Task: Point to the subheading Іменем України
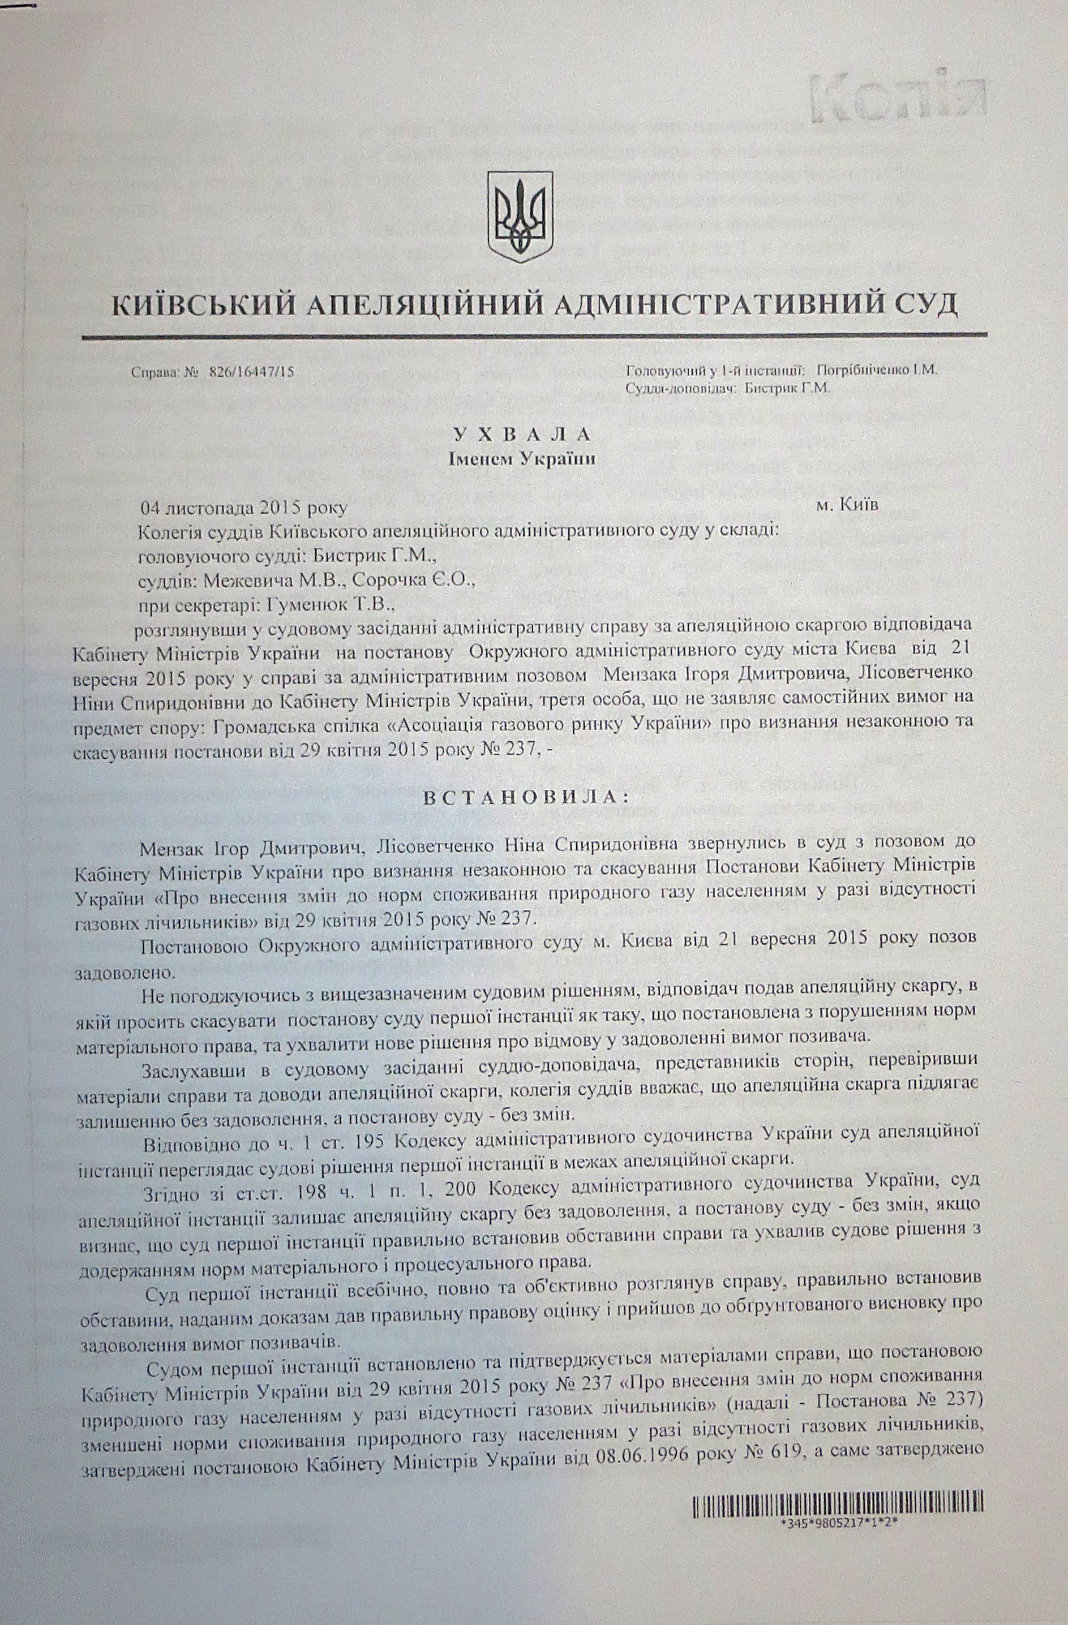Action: coord(521,458)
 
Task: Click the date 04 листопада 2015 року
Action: coord(244,509)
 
